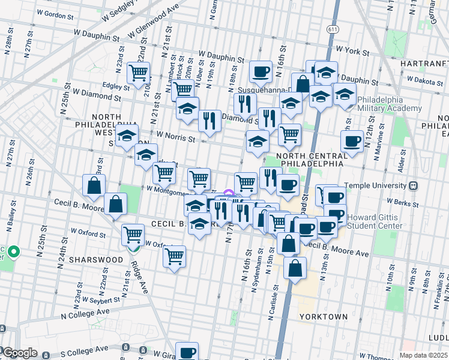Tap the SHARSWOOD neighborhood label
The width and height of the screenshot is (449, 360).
(x=88, y=260)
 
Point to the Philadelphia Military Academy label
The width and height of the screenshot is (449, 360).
(x=389, y=104)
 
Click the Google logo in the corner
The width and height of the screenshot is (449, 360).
(x=19, y=353)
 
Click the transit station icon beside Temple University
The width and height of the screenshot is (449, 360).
(x=414, y=186)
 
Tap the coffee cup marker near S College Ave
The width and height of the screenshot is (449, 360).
(x=187, y=352)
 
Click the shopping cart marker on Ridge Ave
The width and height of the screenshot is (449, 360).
(x=133, y=235)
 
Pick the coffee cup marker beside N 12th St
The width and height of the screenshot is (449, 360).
(x=351, y=142)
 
